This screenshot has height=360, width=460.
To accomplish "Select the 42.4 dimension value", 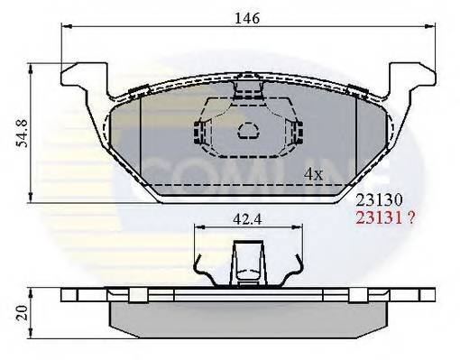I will coord(245,217).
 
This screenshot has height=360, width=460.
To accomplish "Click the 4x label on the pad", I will coord(313,173).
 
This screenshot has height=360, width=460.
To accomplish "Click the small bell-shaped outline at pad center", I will coord(246,133).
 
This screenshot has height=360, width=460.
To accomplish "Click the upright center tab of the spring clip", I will coord(245,264).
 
